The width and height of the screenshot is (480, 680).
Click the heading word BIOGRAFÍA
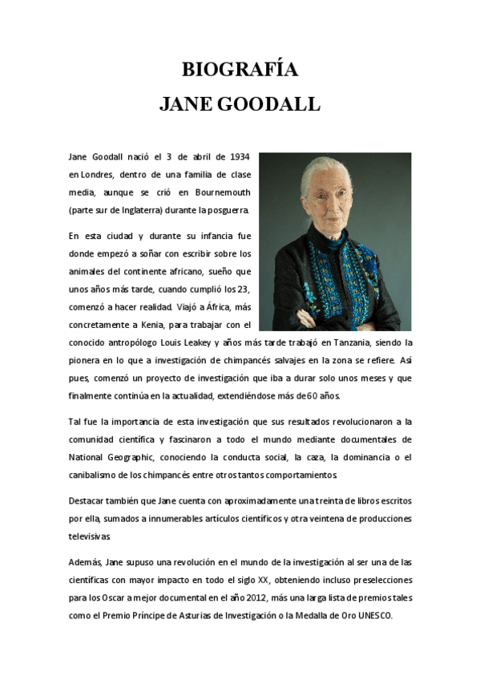click(240, 71)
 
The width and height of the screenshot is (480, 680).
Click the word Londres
click(96, 173)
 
